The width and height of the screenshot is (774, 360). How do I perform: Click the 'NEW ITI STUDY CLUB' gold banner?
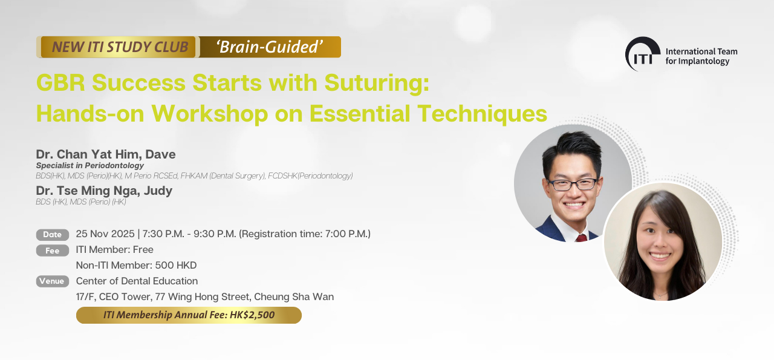point(118,47)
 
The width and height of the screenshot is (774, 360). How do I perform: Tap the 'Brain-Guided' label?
point(270,47)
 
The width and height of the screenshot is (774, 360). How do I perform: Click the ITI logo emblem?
point(643,54)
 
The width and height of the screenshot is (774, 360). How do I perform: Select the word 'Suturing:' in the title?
point(377,83)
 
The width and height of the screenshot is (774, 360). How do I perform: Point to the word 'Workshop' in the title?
point(210,113)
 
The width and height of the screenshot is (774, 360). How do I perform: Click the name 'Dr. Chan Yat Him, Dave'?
point(106,154)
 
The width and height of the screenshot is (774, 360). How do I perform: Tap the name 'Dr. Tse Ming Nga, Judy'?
point(104,191)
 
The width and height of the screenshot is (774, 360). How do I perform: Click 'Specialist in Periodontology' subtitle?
point(90,166)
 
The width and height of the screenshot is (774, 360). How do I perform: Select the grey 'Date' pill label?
point(53,235)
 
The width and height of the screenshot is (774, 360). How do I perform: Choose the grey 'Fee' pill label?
point(53,250)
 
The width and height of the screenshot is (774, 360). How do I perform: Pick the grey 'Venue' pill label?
point(53,281)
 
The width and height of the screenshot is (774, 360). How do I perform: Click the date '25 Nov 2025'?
point(105,234)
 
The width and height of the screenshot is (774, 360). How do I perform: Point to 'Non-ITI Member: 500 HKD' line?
point(136,265)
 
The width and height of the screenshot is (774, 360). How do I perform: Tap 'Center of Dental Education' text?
point(137,281)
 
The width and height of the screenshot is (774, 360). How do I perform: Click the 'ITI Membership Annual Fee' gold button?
point(189,315)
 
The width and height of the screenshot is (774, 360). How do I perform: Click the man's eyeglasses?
point(572,184)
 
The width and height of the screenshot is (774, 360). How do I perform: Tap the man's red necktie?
point(581,238)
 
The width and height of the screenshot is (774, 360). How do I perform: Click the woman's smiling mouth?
point(659,257)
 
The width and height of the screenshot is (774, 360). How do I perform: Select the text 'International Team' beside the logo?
point(701,51)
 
